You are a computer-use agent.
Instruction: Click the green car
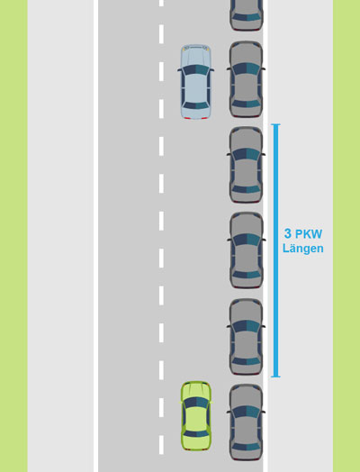(196, 416)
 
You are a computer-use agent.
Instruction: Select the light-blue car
(195, 82)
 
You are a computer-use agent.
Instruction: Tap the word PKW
(309, 234)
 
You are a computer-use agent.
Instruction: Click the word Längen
(303, 249)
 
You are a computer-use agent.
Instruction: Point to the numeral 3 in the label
(288, 233)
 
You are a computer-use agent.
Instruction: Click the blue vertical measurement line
(275, 250)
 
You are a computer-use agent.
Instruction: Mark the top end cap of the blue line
(275, 124)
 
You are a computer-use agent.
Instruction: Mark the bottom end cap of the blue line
(275, 377)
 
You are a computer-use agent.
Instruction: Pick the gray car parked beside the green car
(246, 422)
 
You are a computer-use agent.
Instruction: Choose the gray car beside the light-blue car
(246, 79)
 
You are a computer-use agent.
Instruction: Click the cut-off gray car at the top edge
(246, 15)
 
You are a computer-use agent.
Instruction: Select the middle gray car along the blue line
(247, 250)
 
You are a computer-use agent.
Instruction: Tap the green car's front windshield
(196, 403)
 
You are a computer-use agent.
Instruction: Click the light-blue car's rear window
(196, 105)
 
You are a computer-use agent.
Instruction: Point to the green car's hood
(196, 390)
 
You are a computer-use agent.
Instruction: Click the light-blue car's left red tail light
(187, 118)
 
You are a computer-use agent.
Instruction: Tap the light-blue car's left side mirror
(179, 70)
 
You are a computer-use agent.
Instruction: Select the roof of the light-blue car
(196, 89)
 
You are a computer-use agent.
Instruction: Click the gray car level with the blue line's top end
(246, 165)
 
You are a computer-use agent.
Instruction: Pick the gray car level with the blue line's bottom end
(246, 337)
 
